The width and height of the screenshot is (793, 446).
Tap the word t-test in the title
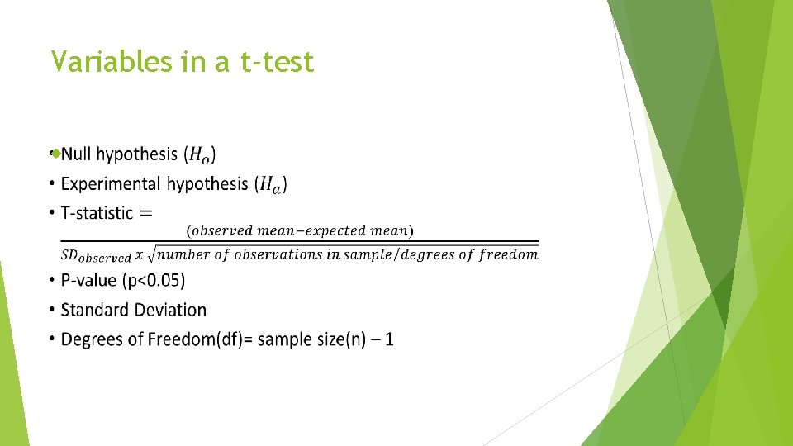pos(277,61)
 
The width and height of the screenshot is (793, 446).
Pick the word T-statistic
pos(97,213)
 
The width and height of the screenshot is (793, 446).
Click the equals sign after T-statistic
pos(145,213)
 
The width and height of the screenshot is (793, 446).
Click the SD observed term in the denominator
pos(97,256)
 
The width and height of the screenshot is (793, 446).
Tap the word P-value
pos(89,281)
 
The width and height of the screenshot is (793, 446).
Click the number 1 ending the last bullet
pos(389,339)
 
